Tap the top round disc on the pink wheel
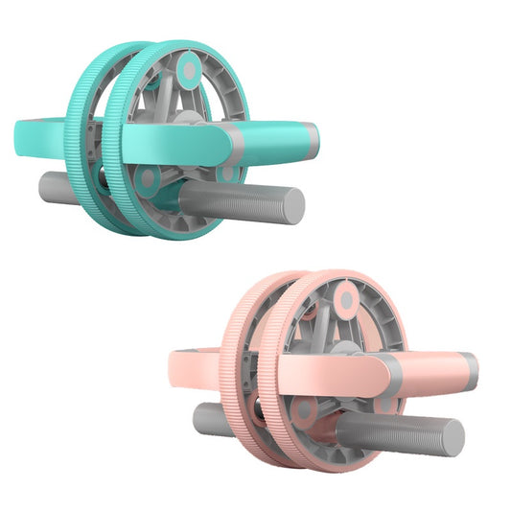pos(346,300)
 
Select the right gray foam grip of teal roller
pos(240,202)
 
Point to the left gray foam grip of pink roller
pos(211,417)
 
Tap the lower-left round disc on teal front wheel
pos(148,178)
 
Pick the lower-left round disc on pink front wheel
pos(304,410)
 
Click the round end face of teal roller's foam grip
pos(293,204)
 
